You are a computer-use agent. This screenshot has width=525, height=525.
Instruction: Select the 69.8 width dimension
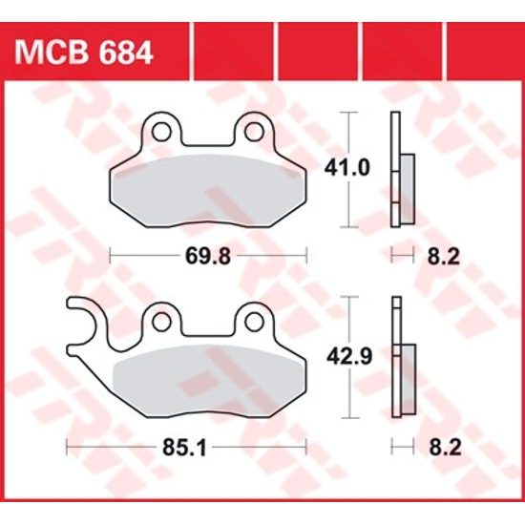209,255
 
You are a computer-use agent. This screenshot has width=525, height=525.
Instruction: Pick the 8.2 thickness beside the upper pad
425,255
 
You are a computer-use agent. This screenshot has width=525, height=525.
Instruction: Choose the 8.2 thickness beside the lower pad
425,446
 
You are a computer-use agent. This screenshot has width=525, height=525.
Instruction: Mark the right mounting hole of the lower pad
255,319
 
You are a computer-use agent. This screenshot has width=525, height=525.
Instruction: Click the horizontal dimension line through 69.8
143,255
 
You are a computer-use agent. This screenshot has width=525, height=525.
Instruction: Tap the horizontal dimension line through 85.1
115,446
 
